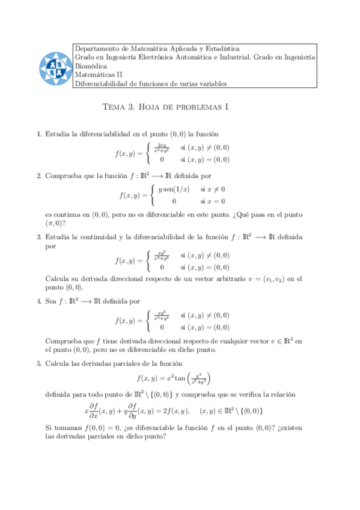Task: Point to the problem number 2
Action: coord(39,176)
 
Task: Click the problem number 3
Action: coord(39,237)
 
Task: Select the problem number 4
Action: coord(39,301)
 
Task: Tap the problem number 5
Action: coord(39,363)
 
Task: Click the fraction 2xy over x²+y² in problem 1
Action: coord(160,148)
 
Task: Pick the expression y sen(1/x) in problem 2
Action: coord(174,189)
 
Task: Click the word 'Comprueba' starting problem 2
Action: coord(63,176)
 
